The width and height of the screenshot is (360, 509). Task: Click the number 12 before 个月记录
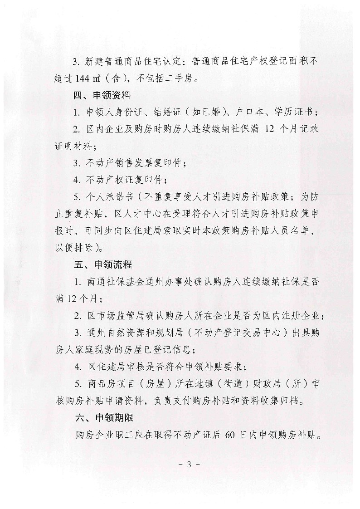269,129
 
